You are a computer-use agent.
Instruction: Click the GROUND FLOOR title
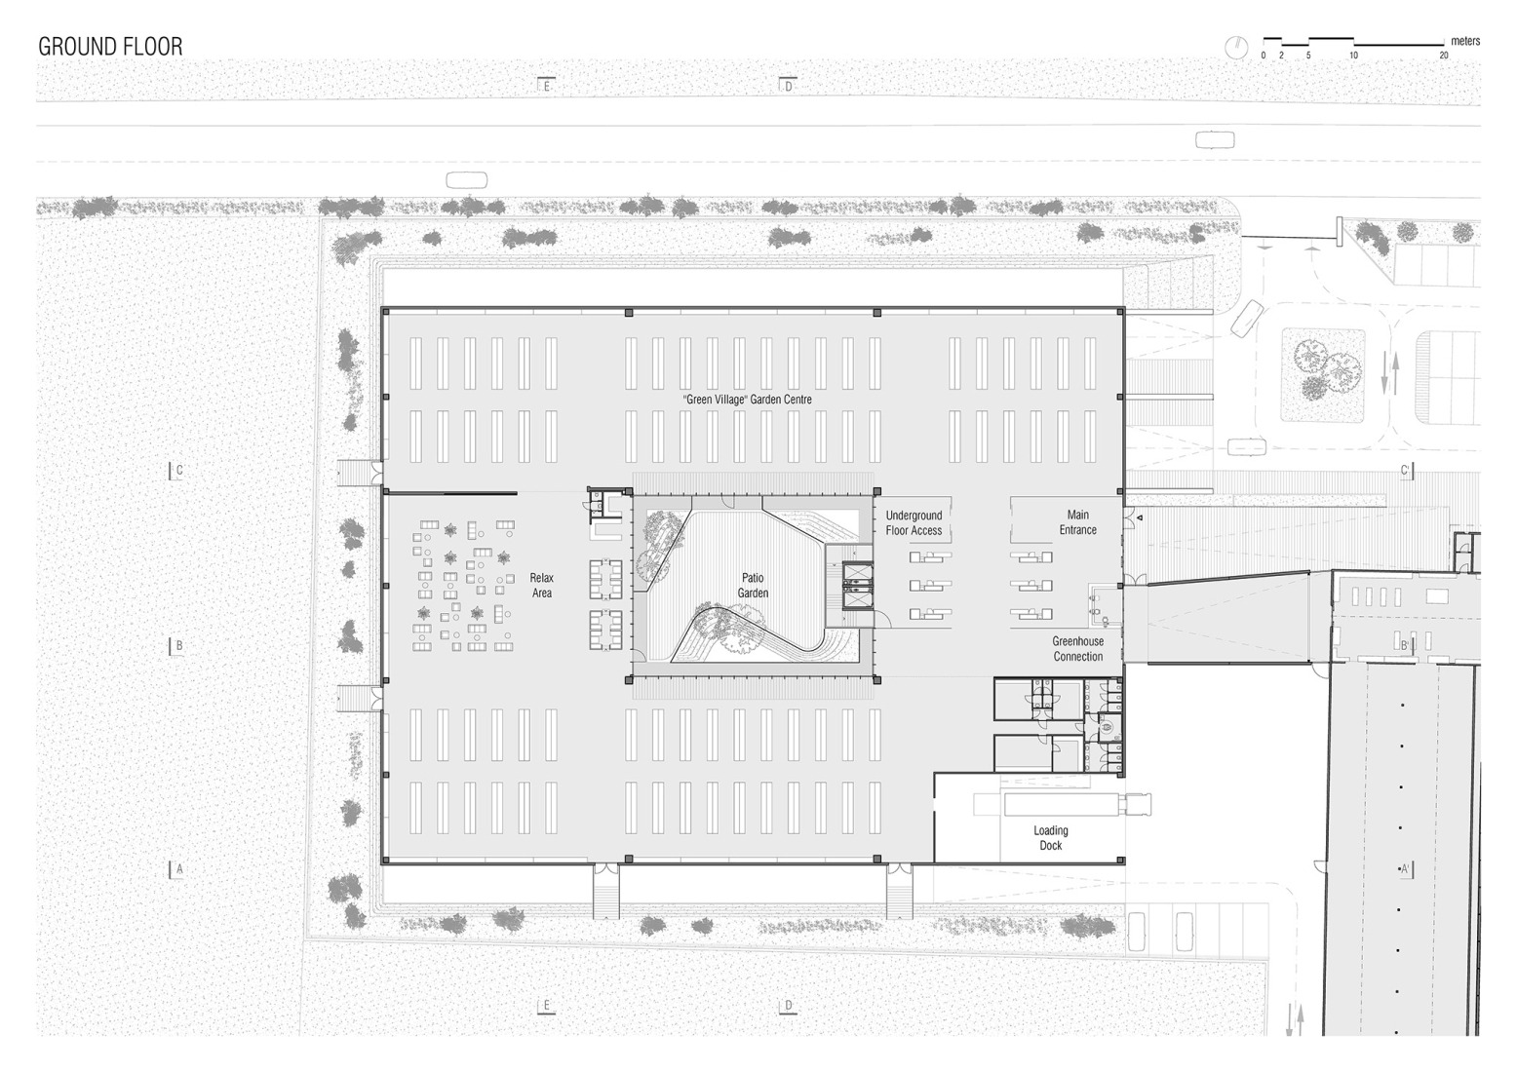click(x=110, y=47)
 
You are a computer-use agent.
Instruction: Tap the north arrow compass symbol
click(x=1236, y=46)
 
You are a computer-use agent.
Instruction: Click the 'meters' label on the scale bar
click(x=1464, y=41)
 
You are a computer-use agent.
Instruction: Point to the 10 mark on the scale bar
click(x=1353, y=56)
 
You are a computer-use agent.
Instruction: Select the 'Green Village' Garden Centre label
click(x=747, y=400)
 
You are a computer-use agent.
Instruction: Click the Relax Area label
click(x=542, y=586)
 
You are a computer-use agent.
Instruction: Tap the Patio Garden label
click(x=753, y=586)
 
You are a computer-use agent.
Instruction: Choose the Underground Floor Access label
click(x=914, y=523)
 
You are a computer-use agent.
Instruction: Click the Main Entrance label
click(x=1077, y=522)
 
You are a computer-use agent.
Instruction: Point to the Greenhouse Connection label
click(x=1077, y=649)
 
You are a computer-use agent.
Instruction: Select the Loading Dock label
click(x=1050, y=838)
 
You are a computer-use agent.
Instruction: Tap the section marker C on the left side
click(x=177, y=470)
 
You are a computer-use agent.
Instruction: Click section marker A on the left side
click(x=177, y=868)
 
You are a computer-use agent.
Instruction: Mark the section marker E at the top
click(x=546, y=86)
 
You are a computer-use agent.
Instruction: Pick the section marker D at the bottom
click(x=788, y=1006)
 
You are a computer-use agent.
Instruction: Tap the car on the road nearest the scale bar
click(x=1214, y=140)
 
